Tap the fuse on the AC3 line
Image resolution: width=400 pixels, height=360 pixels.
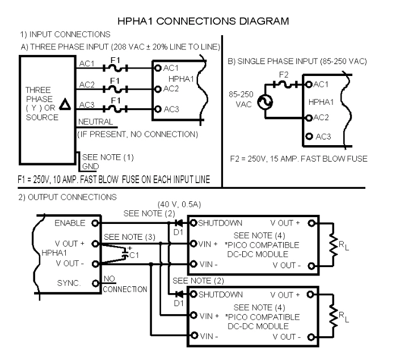pyautogui.click(x=116, y=108)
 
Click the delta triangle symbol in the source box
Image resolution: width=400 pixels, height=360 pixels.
pyautogui.click(x=65, y=104)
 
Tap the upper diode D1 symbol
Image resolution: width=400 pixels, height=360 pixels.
pyautogui.click(x=180, y=222)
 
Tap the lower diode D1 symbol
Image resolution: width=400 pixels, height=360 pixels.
pyautogui.click(x=180, y=294)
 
